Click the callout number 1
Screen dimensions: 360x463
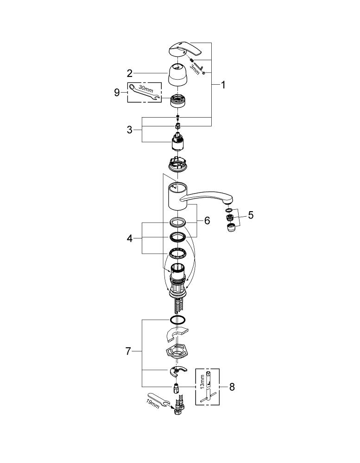223,85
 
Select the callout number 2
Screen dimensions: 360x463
129,73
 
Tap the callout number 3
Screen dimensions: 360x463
129,130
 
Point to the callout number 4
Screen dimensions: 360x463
130,238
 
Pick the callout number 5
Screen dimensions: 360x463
251,215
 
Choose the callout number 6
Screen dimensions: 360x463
207,220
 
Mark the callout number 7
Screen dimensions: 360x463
128,351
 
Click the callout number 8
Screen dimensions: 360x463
232,387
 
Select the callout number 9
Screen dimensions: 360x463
117,93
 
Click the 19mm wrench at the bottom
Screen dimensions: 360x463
158,400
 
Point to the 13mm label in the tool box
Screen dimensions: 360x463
202,382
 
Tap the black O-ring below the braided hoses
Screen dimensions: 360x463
177,320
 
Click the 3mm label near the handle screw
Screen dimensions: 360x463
195,70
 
